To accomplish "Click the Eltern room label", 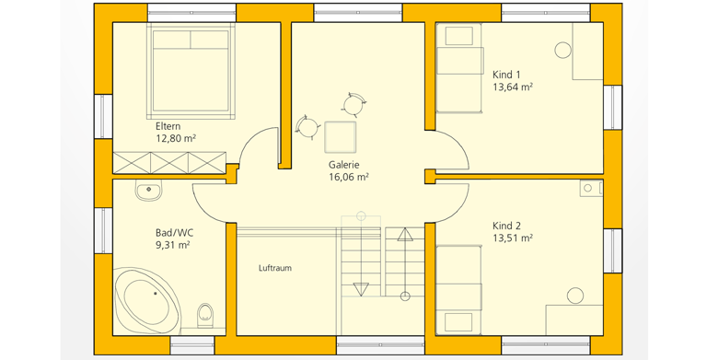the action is point(168,126).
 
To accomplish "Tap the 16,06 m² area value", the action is point(349,178).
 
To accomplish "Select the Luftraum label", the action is point(275,268).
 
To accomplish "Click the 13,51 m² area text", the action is point(513,238).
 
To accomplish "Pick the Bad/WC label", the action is point(175,233).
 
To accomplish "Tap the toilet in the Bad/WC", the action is point(204,315).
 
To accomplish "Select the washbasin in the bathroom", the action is point(148,191).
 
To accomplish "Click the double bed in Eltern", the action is point(191,71).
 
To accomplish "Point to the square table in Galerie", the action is point(340,137).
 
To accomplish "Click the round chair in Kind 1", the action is point(562,50).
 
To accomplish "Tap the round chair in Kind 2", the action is point(575,296).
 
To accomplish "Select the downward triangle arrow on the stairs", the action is point(361,289).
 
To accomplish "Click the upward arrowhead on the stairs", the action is point(405,235).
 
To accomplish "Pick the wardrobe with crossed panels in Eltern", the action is point(169,162).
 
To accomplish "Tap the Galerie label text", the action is point(344,165).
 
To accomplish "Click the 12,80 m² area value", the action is point(176,138).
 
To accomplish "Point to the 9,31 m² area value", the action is point(172,246).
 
